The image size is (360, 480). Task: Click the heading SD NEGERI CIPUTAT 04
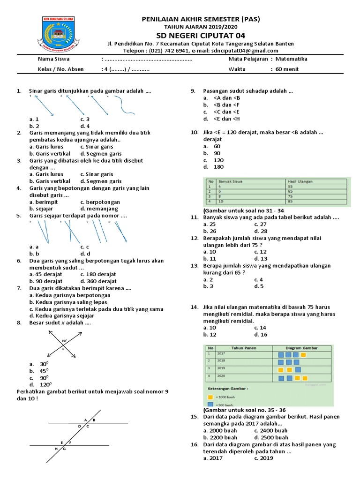point(200,36)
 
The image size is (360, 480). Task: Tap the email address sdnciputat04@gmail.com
point(244,51)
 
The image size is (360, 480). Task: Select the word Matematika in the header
point(291,59)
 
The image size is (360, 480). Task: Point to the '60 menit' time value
point(287,69)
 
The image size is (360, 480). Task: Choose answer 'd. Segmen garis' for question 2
point(101,154)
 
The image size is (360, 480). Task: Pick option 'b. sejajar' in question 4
point(41,209)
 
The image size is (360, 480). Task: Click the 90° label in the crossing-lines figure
point(64,341)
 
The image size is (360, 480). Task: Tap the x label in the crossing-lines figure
point(63,348)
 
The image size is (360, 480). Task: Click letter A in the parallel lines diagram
point(86,420)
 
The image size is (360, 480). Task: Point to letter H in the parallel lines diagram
point(56,449)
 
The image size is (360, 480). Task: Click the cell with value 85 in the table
point(291,202)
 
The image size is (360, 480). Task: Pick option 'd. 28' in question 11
point(261,231)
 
